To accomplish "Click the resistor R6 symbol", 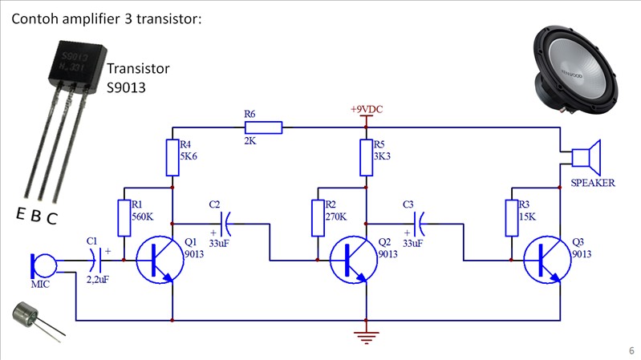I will pyautogui.click(x=264, y=127).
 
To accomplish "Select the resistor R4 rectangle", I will pyautogui.click(x=172, y=158).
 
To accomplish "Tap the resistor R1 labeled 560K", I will pyautogui.click(x=124, y=217).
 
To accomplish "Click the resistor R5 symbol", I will pyautogui.click(x=367, y=158).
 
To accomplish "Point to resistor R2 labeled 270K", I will pyautogui.click(x=318, y=217).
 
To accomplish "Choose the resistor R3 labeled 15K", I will pyautogui.click(x=512, y=217).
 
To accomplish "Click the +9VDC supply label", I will pyautogui.click(x=367, y=108).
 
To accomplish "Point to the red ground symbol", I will pyautogui.click(x=367, y=338).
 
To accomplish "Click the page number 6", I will pyautogui.click(x=631, y=350).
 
